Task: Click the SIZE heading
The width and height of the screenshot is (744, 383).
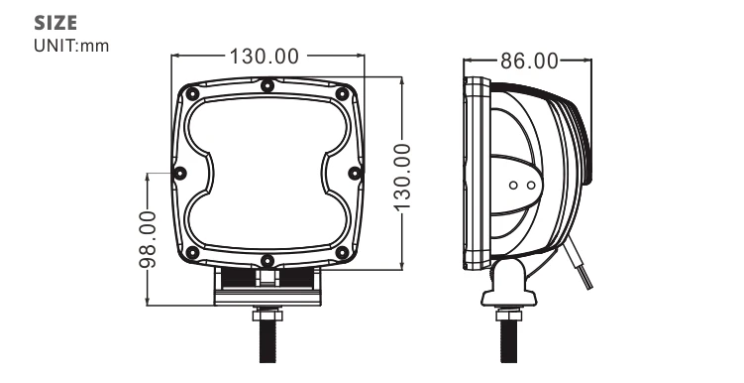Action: (x=55, y=23)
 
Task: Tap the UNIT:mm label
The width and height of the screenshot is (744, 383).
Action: (x=71, y=46)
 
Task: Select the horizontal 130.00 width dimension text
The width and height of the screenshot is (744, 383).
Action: (x=265, y=57)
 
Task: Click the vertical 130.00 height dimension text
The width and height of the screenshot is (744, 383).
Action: (x=402, y=177)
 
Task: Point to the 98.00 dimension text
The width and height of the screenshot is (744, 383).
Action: (x=148, y=239)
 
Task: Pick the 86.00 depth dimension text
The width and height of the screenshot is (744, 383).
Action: (x=529, y=62)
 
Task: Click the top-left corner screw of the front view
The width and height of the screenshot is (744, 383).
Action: (x=192, y=93)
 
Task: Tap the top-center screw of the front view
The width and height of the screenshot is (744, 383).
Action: (x=267, y=86)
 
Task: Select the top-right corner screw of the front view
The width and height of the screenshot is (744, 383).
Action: (x=342, y=93)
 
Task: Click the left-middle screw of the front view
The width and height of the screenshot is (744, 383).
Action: (x=180, y=173)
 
